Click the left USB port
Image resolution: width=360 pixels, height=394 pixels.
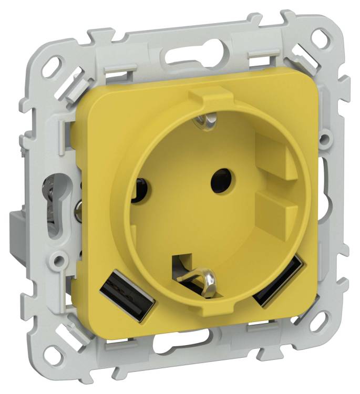point(127,298)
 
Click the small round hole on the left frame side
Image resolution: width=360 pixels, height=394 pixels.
point(57,259)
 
